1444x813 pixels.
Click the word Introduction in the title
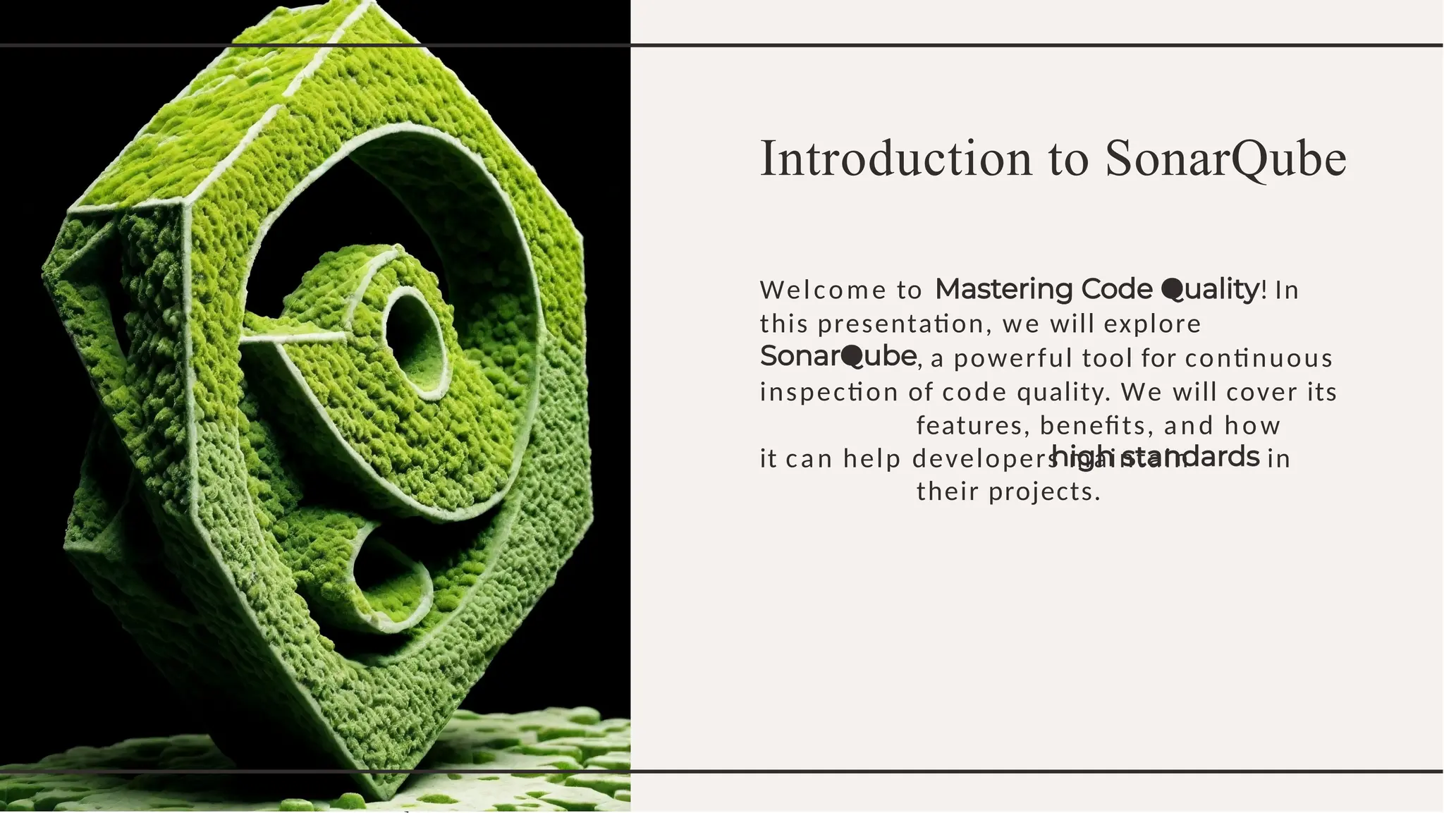[896, 159]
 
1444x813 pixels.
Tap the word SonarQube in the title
[1225, 159]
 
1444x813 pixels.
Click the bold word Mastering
[1004, 289]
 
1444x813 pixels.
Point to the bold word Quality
[1210, 289]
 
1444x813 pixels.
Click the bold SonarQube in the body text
[838, 357]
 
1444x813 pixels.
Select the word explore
[1152, 324]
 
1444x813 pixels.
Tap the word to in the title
[1069, 159]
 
